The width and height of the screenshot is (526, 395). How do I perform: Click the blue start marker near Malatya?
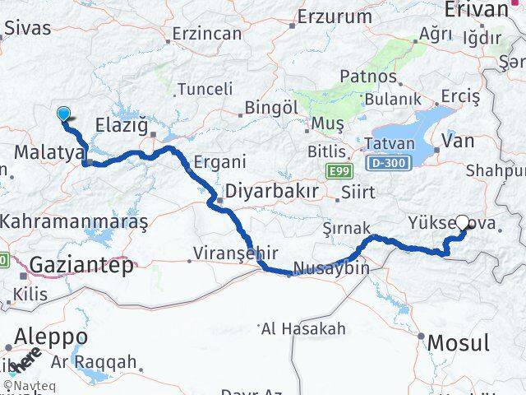pos(63,115)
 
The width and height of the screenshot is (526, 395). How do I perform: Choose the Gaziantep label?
pos(81,265)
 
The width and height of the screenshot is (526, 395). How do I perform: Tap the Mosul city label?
pos(459,342)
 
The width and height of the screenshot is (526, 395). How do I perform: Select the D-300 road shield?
pos(390,164)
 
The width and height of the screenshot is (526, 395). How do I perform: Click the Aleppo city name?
pos(52,337)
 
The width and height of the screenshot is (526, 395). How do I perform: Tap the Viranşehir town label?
pos(235,253)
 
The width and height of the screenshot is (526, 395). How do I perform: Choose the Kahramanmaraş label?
pos(74,222)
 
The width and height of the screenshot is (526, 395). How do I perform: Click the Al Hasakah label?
pos(303,329)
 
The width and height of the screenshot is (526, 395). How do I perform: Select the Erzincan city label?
pos(207,34)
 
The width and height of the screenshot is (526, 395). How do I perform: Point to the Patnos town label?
pos(368,77)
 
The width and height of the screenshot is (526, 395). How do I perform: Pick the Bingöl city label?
pos(271,108)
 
